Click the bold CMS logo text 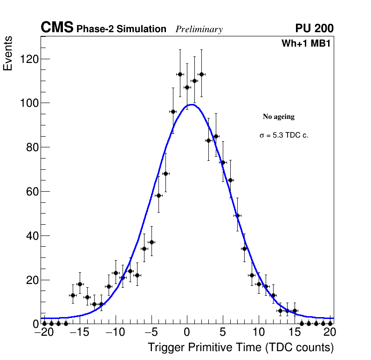[x=57, y=28]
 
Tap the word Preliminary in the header [x=199, y=29]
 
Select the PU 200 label [x=314, y=28]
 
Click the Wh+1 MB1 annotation [x=306, y=44]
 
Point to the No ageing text [x=279, y=117]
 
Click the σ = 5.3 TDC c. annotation [x=284, y=135]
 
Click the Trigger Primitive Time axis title [x=240, y=347]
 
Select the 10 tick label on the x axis [x=259, y=333]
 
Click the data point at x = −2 [x=173, y=111]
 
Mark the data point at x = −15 [x=80, y=284]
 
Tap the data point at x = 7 [x=237, y=215]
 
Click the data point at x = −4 [x=158, y=195]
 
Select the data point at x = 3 [x=209, y=140]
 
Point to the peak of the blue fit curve [x=192, y=104]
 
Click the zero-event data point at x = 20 [x=330, y=323]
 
